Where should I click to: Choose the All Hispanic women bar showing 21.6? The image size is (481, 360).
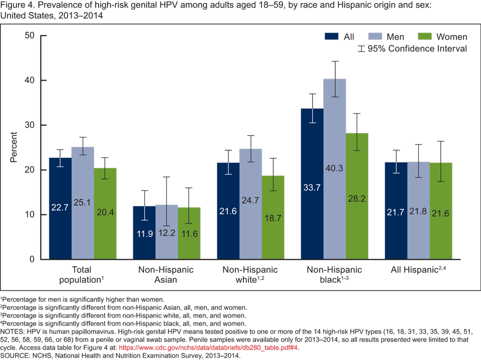[440, 211]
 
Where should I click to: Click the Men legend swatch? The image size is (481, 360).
[376, 37]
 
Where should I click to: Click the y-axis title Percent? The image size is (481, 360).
[14, 147]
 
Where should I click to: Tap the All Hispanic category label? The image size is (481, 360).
[418, 270]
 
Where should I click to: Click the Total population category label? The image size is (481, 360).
[83, 275]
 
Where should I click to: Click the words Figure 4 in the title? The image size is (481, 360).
[20, 6]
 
